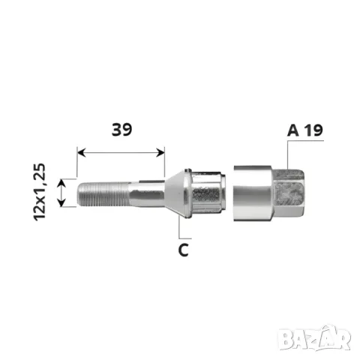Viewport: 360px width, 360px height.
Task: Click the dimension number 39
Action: click(x=121, y=130)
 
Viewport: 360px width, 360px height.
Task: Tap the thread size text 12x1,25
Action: click(x=40, y=192)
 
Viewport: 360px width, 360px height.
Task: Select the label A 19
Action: click(x=305, y=130)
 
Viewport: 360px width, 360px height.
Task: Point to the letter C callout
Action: click(x=184, y=250)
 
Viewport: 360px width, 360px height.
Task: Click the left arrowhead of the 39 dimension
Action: click(x=82, y=152)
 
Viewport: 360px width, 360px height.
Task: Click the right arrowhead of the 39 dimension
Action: click(x=160, y=152)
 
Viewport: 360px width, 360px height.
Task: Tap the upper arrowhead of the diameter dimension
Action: click(x=61, y=183)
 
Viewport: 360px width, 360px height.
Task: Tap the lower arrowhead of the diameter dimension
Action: click(x=61, y=202)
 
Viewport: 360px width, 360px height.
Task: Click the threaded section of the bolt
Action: click(x=103, y=194)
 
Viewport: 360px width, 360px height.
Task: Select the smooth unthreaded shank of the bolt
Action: click(x=147, y=194)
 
